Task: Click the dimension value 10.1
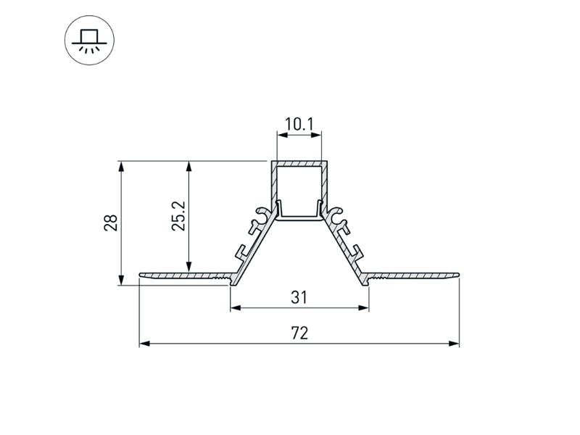(298, 124)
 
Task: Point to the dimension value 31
(299, 297)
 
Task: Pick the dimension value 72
(299, 333)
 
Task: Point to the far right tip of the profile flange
(458, 274)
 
